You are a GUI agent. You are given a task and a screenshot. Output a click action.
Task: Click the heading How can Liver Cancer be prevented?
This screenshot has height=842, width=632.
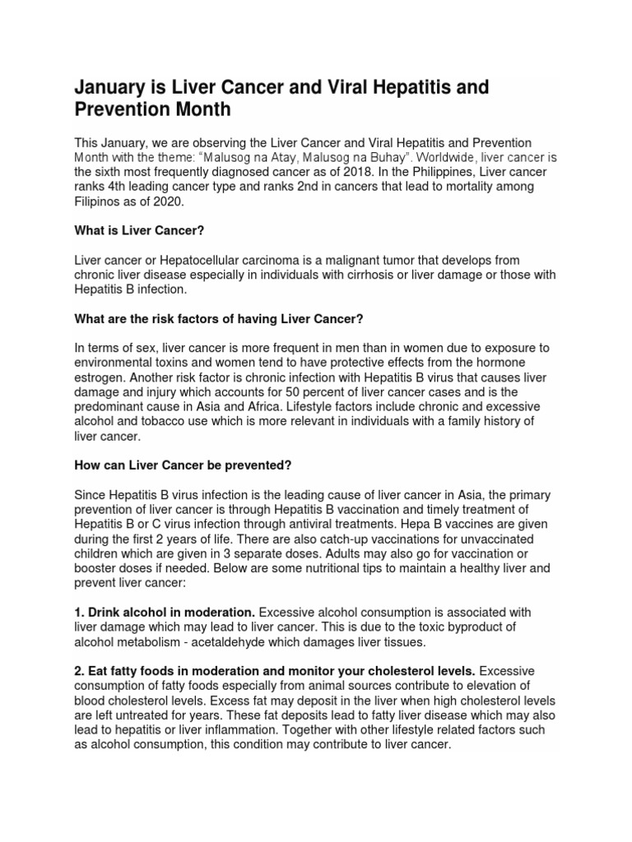click(184, 465)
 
